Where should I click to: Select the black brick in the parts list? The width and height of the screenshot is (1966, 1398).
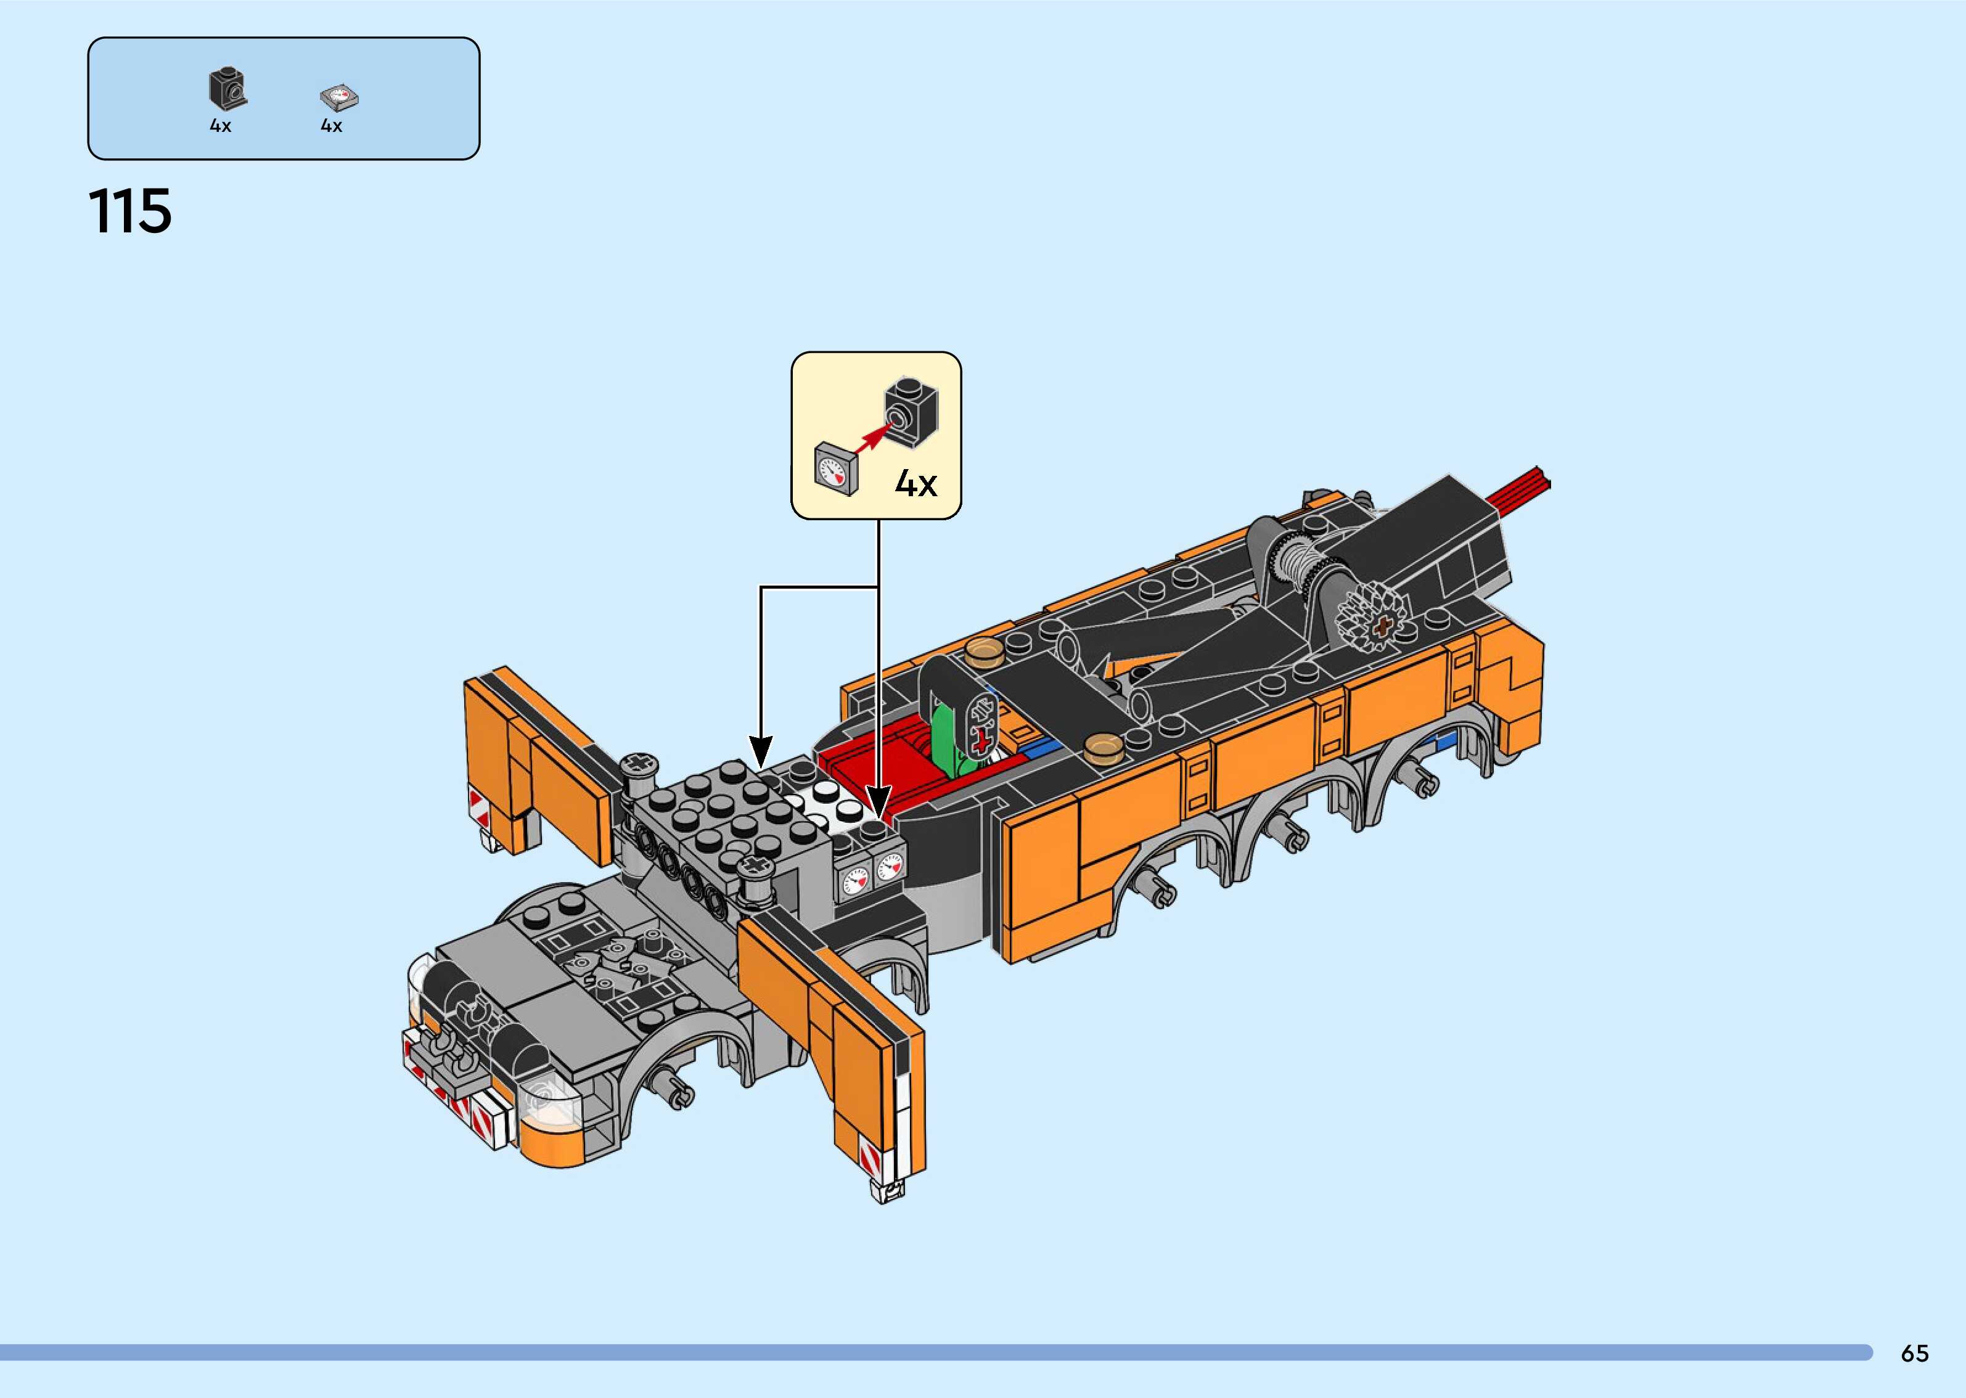coord(227,89)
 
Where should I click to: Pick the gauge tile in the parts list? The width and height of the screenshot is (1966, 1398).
coord(338,97)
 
